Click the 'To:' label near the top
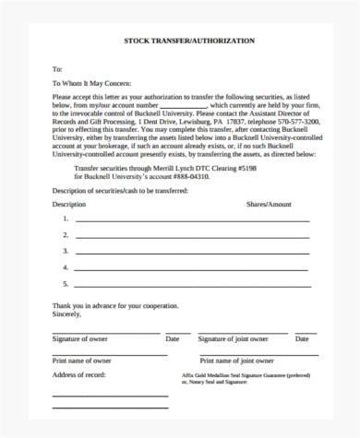pyautogui.click(x=56, y=69)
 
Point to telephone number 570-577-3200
pyautogui.click(x=294, y=119)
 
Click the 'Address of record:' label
pyautogui.click(x=79, y=376)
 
